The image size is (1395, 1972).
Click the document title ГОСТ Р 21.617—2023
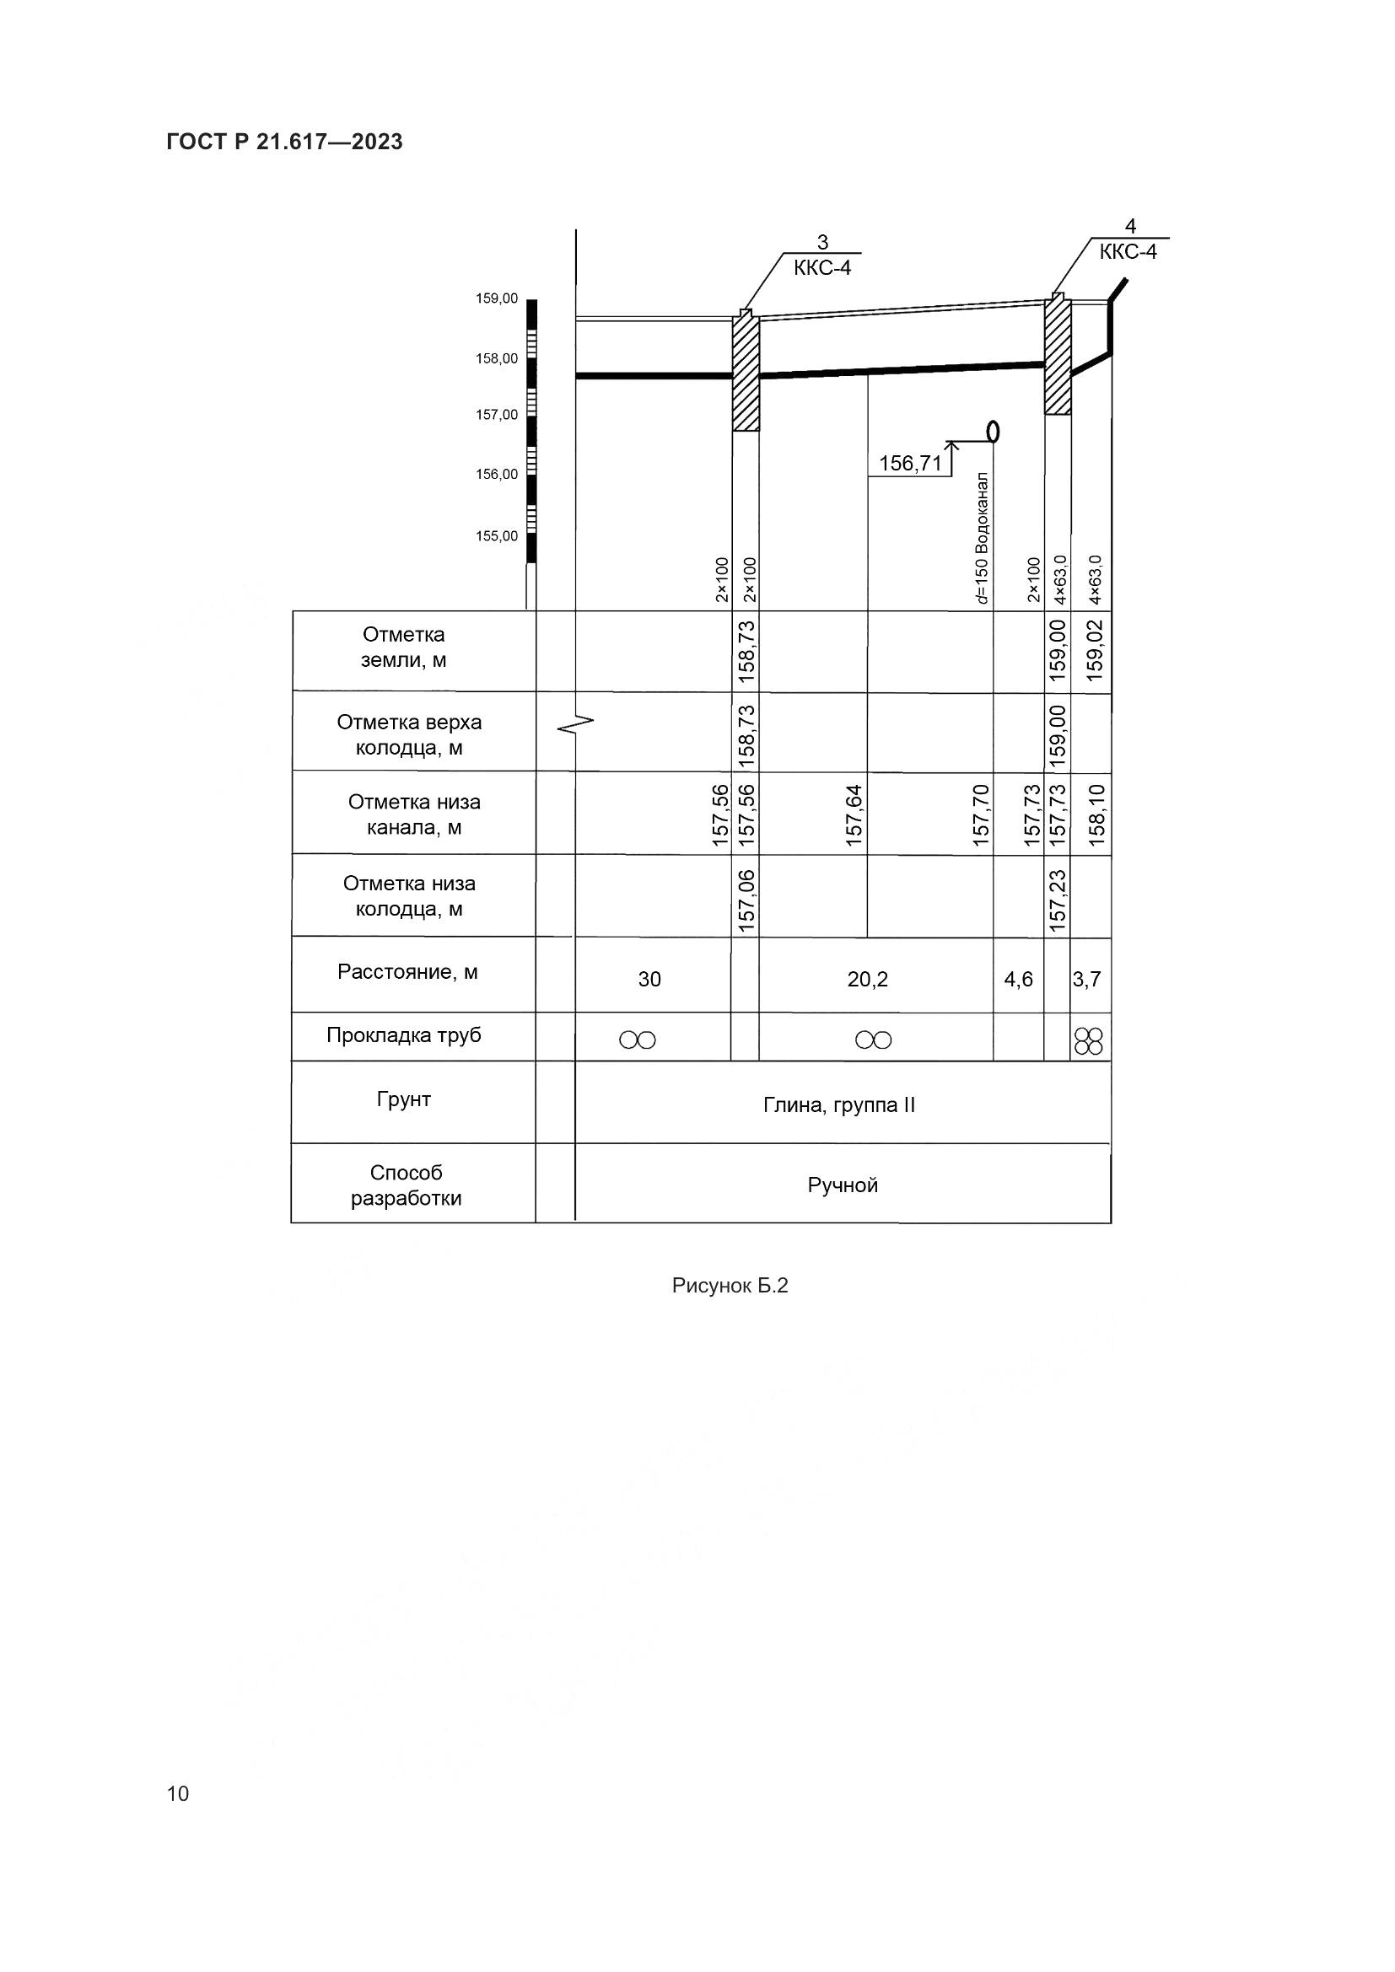coord(284,142)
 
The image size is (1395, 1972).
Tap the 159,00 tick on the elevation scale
coord(497,299)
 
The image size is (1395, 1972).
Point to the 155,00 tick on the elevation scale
coord(497,537)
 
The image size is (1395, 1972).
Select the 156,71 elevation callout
coord(910,465)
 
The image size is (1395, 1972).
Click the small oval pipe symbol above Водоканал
coord(994,429)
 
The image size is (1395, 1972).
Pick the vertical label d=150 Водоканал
coord(983,538)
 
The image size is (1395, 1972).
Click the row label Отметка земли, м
coord(403,647)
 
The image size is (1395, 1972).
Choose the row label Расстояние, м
coord(407,972)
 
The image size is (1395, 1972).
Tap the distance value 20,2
coord(868,979)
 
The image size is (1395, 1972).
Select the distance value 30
coord(649,979)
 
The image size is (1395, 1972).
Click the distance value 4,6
coord(1019,979)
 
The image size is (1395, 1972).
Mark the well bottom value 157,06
coord(746,901)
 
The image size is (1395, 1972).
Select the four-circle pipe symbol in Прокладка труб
coord(1088,1041)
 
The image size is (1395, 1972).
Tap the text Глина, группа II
coord(839,1105)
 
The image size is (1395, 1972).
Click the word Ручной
coord(843,1186)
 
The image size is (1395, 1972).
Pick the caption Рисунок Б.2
coord(730,1286)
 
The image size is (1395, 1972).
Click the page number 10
coord(178,1794)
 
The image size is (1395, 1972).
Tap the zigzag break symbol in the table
coord(574,725)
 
